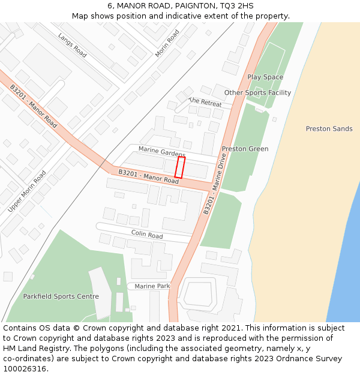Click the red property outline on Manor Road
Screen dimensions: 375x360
click(180, 167)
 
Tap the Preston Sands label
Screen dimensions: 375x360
click(329, 129)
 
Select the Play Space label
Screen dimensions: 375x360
click(265, 77)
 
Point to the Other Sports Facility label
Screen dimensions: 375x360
click(257, 93)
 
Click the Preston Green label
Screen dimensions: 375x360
click(245, 149)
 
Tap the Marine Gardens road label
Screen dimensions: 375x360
click(162, 152)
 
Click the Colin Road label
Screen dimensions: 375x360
click(147, 234)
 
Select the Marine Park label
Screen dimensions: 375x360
click(152, 287)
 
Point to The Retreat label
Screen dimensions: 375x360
click(205, 102)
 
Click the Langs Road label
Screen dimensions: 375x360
click(73, 45)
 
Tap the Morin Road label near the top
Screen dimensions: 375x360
click(167, 43)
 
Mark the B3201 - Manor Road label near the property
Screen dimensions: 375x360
click(149, 176)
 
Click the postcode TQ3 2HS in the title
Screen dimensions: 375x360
click(235, 6)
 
